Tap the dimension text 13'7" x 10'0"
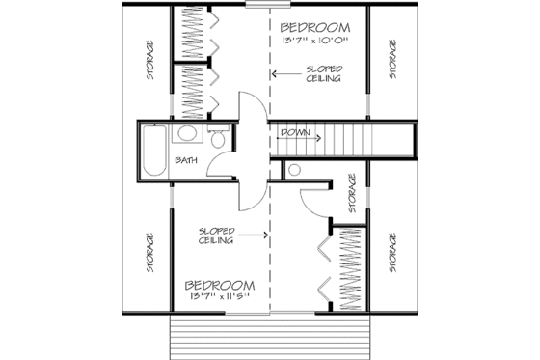[x=315, y=42]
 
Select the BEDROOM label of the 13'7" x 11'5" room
[x=220, y=286]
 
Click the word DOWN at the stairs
[x=295, y=131]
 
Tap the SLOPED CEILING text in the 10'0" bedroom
[x=321, y=74]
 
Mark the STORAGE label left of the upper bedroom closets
[x=150, y=59]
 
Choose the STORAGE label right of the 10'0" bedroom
[x=393, y=59]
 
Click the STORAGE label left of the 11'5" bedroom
[x=150, y=253]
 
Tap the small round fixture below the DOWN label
[x=294, y=170]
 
